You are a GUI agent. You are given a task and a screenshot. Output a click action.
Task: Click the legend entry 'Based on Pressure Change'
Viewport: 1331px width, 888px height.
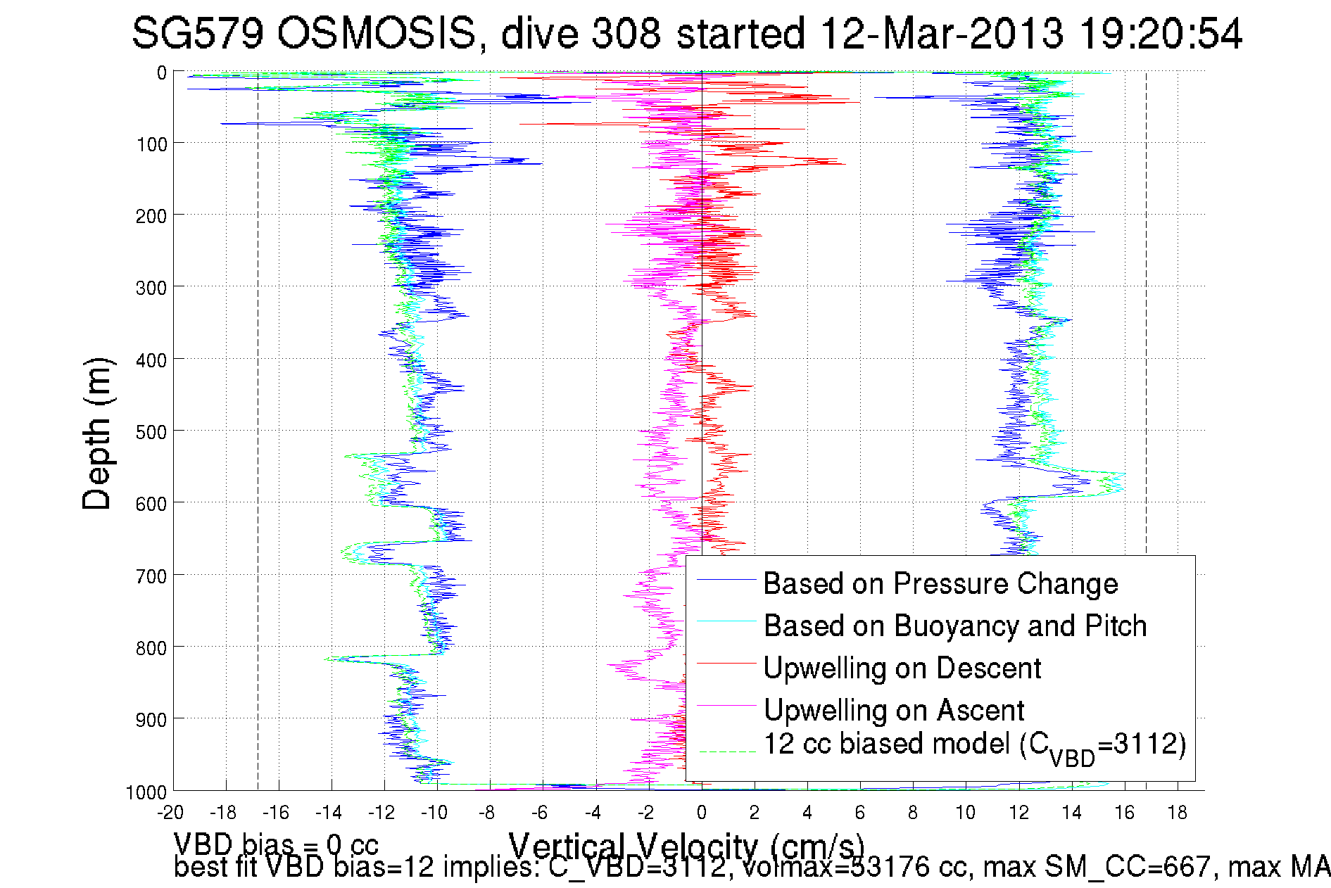click(940, 584)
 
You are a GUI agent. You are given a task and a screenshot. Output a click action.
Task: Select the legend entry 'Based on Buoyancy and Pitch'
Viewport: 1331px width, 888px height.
click(954, 626)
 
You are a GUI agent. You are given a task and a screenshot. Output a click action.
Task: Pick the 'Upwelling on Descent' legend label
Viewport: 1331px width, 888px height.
click(902, 668)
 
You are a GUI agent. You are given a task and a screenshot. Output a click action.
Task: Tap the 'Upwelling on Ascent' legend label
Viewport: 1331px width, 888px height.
click(893, 711)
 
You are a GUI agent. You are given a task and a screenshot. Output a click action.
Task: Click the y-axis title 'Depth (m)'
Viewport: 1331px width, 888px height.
click(97, 433)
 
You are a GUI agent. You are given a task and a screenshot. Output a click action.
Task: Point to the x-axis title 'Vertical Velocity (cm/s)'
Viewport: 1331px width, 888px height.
click(686, 845)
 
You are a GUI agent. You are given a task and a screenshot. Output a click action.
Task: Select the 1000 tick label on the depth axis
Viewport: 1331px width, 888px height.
click(146, 793)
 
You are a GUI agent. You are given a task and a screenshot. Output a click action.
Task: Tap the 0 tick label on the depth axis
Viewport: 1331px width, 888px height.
click(162, 72)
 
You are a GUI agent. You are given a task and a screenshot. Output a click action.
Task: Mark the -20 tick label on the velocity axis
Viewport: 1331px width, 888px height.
click(170, 813)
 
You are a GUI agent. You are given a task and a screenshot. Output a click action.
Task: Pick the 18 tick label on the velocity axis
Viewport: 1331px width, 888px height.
click(1178, 813)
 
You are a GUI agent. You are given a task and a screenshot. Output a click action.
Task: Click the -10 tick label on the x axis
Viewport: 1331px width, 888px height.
click(434, 813)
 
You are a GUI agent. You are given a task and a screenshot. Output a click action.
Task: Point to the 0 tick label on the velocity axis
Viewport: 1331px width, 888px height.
click(702, 813)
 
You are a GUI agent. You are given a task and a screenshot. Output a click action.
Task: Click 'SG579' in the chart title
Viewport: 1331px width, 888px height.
click(197, 33)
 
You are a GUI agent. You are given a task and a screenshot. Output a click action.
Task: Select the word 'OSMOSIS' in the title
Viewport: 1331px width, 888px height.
click(377, 33)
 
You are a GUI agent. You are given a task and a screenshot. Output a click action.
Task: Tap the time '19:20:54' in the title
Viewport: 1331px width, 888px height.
click(1161, 33)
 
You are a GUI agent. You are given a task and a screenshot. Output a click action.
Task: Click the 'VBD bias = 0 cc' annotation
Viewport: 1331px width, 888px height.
click(276, 844)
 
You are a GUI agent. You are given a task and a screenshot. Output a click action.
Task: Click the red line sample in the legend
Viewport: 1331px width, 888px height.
click(726, 663)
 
